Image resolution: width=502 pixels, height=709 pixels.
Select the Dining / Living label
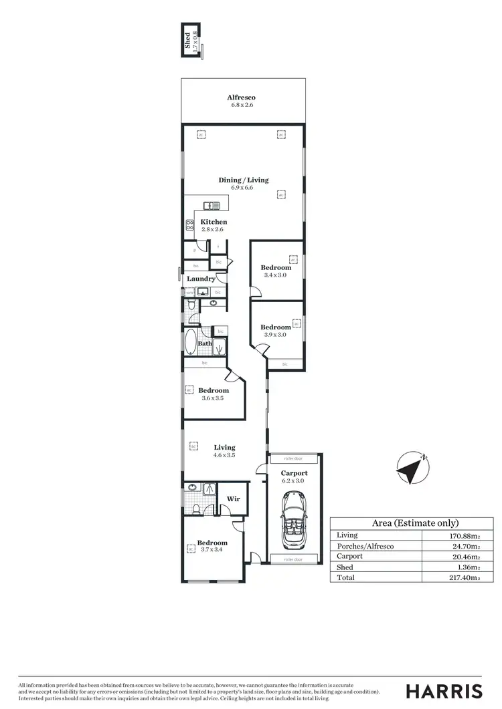(x=243, y=180)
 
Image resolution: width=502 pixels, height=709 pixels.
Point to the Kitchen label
(x=214, y=222)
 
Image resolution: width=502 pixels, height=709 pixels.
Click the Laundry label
(x=201, y=279)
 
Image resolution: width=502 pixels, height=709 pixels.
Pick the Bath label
(x=204, y=343)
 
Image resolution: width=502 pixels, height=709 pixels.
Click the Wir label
(x=233, y=499)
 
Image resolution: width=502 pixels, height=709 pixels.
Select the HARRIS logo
(x=444, y=691)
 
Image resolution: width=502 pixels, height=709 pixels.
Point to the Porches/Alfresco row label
(x=365, y=546)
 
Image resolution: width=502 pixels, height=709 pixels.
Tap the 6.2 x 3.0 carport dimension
(x=293, y=480)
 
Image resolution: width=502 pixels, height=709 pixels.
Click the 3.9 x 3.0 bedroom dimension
(x=275, y=335)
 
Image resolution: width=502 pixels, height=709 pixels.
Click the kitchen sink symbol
(x=208, y=206)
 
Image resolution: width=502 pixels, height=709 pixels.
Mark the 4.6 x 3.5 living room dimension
(x=224, y=455)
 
